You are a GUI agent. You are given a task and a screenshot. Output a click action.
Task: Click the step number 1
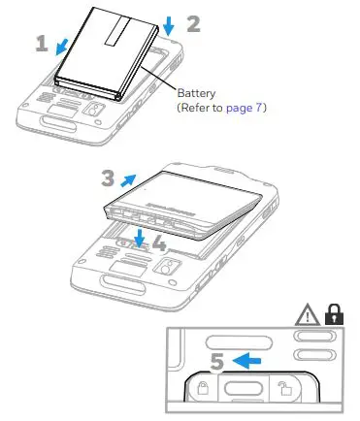(42, 43)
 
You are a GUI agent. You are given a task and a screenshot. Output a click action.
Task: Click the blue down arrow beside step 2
(171, 23)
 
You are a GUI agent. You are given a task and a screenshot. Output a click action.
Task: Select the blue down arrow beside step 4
(141, 239)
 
